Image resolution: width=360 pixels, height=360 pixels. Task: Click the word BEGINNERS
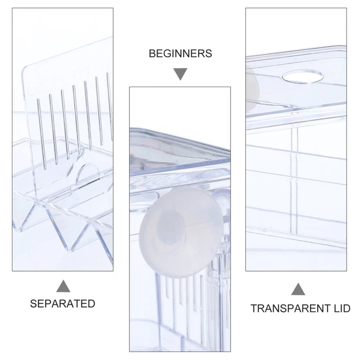180,53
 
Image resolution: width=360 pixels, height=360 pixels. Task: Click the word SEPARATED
62,304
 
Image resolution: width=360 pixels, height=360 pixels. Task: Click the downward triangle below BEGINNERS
180,73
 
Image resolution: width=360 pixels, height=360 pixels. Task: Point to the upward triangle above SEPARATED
63,286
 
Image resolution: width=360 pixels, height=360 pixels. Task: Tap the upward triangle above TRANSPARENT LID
298,290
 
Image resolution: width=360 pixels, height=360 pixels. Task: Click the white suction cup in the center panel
181,232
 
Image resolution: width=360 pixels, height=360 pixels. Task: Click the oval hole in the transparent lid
303,76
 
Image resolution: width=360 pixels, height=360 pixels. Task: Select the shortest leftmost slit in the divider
42,134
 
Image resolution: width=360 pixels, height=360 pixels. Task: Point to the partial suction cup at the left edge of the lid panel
252,91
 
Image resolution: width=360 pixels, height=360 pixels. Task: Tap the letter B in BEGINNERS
152,53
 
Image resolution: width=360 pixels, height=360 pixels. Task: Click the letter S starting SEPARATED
34,304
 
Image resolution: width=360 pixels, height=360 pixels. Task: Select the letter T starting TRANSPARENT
254,308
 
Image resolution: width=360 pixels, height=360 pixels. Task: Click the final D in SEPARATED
92,304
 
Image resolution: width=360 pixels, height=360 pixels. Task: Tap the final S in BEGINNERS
209,53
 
